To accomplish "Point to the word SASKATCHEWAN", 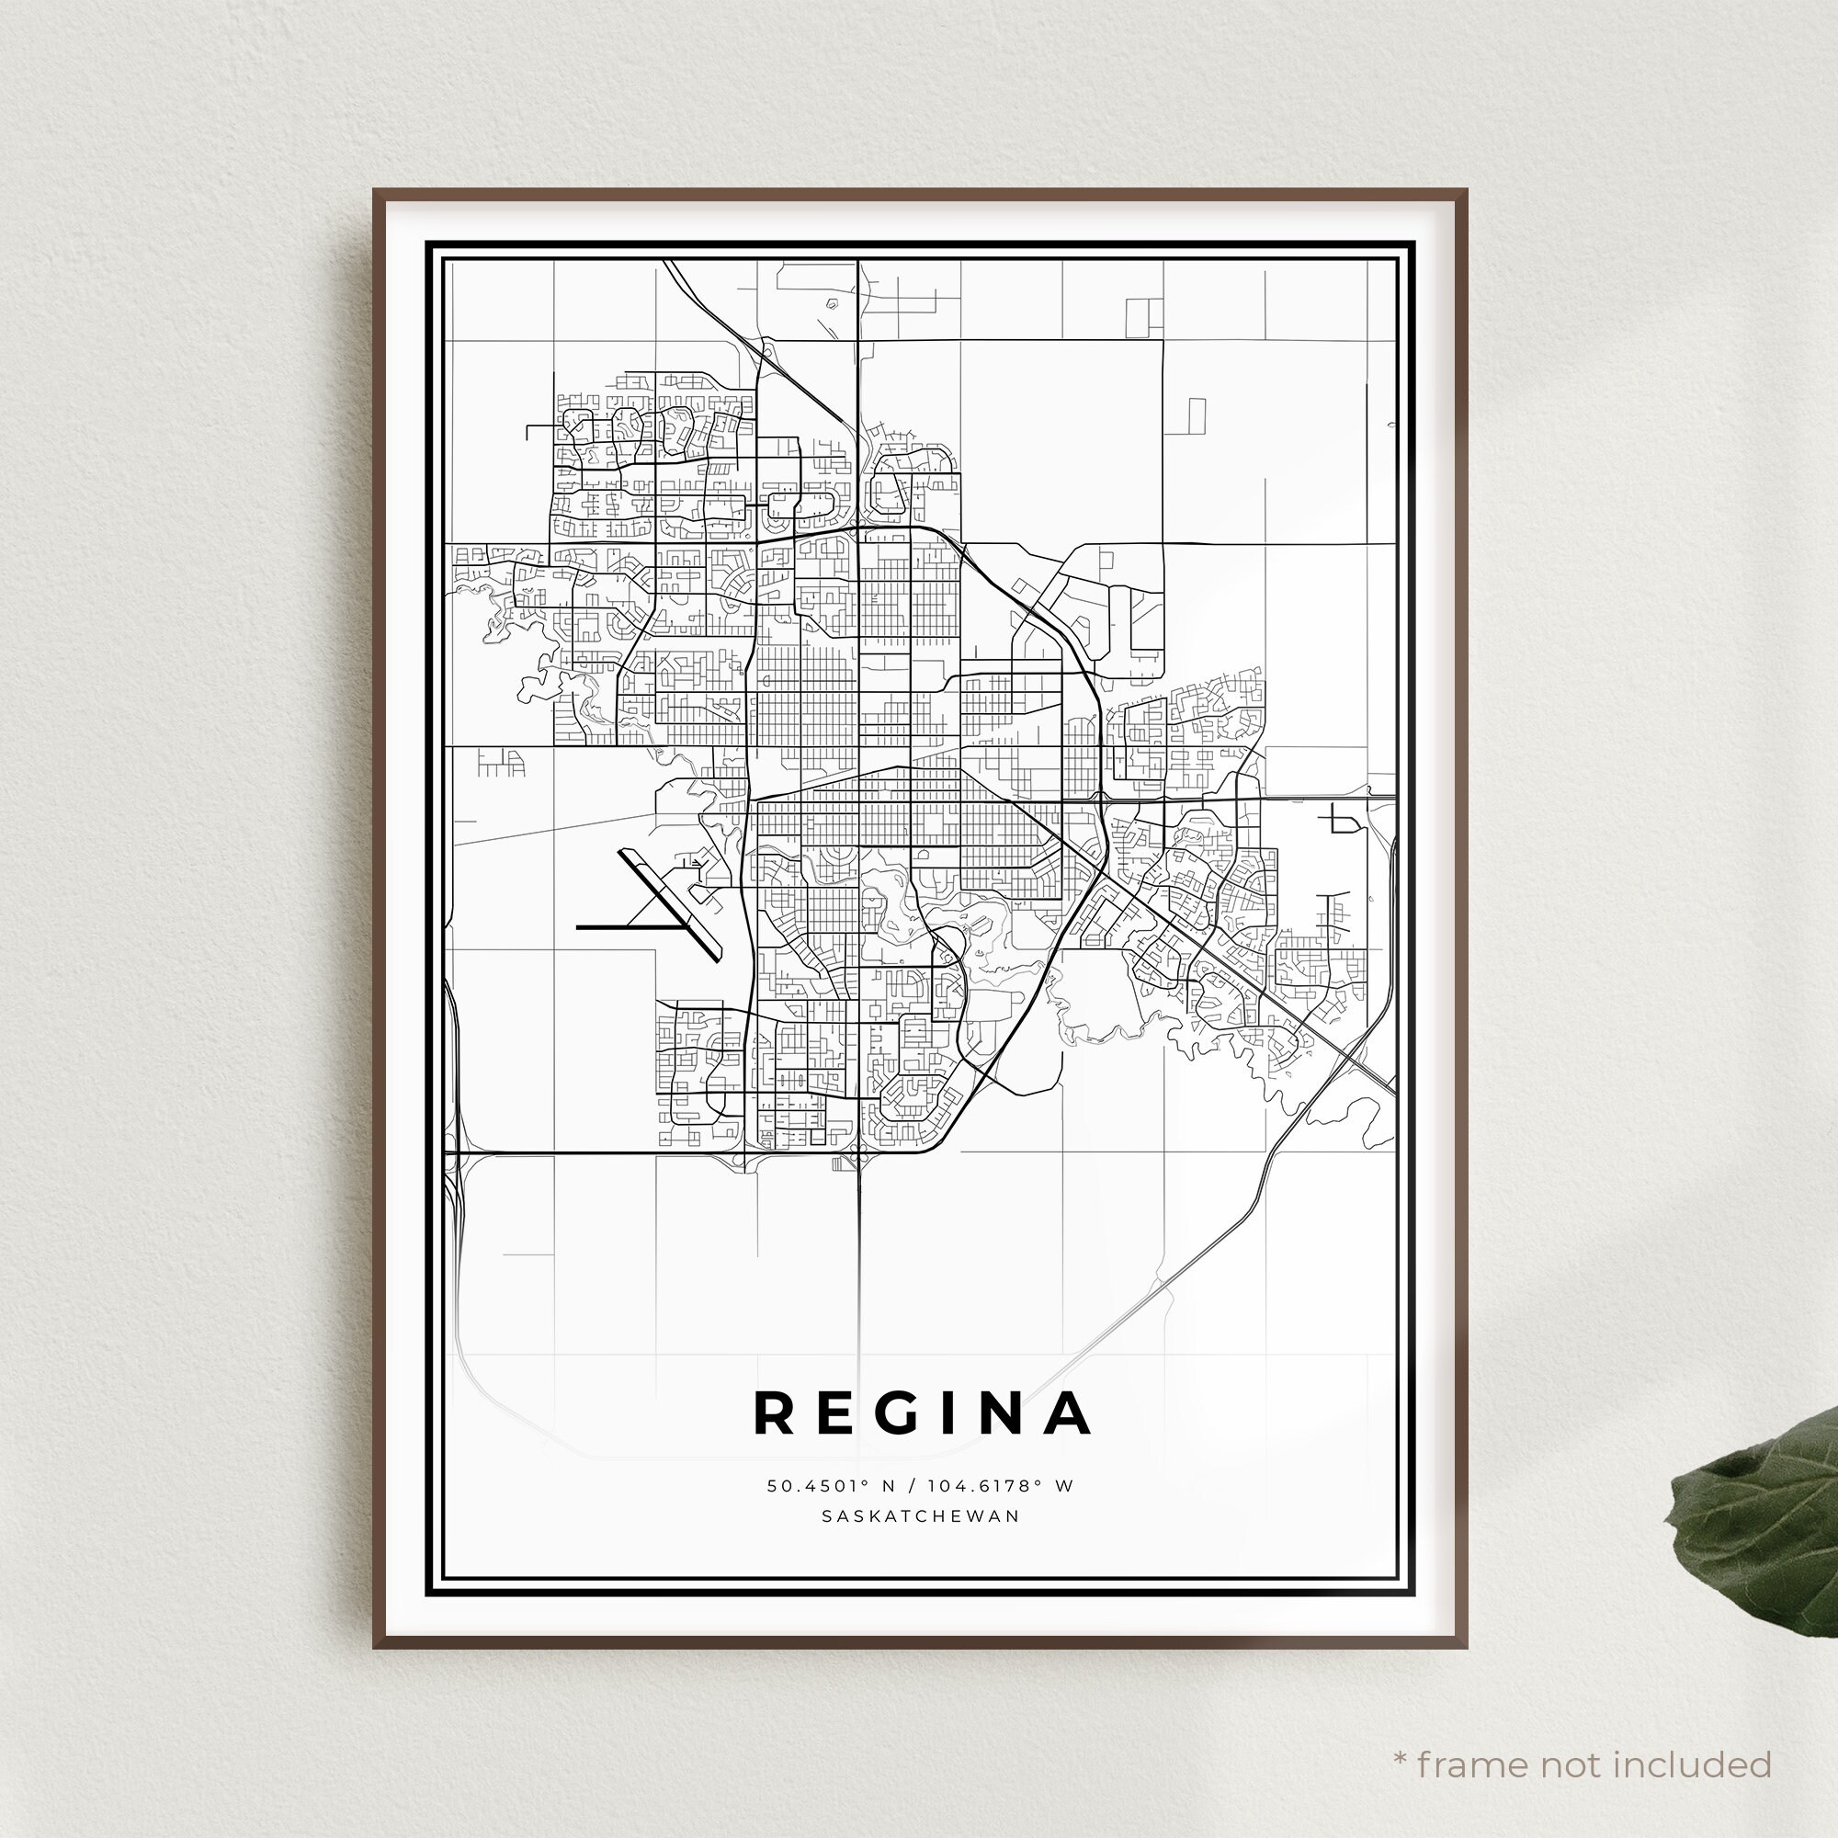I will [920, 1516].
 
